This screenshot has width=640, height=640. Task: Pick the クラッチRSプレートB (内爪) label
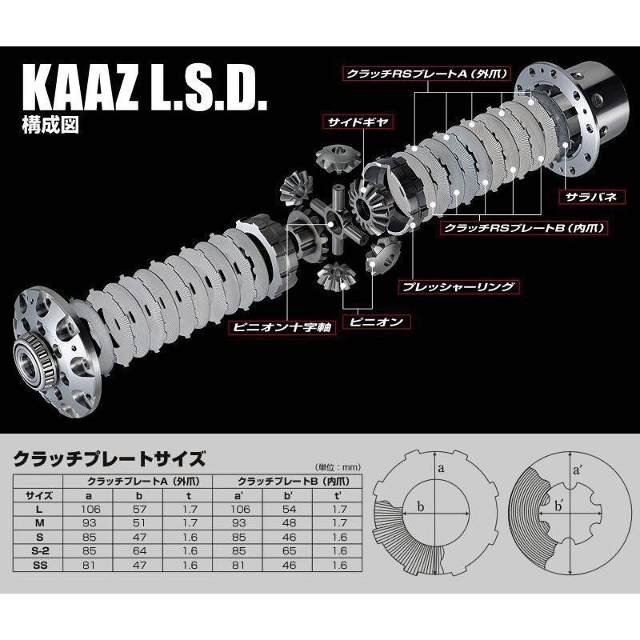pyautogui.click(x=521, y=228)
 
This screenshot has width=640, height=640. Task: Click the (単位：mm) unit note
pyautogui.click(x=329, y=466)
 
